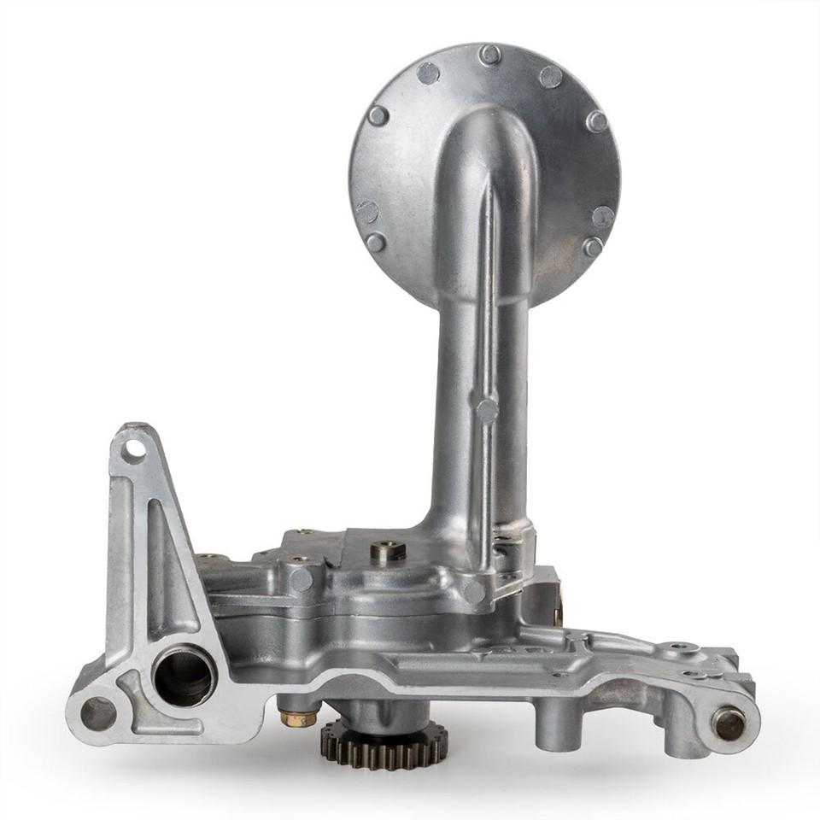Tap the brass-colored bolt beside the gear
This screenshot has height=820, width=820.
(x=298, y=717)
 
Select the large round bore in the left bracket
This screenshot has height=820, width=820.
(x=184, y=675)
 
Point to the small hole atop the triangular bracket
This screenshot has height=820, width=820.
(x=132, y=449)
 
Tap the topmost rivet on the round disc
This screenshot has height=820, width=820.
(x=489, y=56)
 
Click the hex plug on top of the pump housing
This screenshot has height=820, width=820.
(x=388, y=552)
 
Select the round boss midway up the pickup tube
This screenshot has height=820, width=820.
(x=487, y=410)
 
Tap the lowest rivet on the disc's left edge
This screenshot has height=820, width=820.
(x=375, y=242)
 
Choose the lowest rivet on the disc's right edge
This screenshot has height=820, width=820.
(x=593, y=247)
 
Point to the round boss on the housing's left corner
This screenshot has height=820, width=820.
(x=300, y=579)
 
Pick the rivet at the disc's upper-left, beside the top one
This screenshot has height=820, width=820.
(x=429, y=73)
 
